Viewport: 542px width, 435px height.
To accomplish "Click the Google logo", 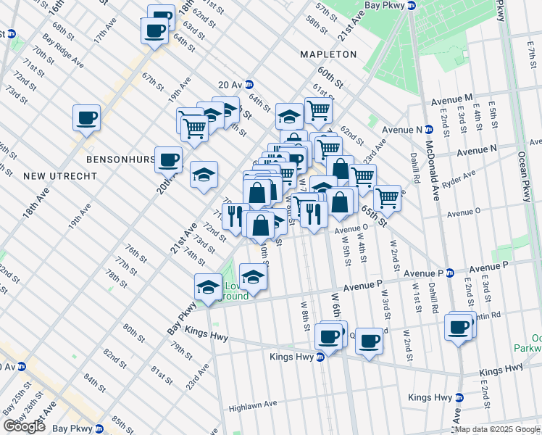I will coord(24,426).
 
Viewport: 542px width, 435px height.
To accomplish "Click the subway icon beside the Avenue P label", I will coord(449,273).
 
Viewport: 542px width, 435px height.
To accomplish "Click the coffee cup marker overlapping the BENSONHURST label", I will coord(169,159).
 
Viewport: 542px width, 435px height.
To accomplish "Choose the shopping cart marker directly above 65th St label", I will coord(387,196).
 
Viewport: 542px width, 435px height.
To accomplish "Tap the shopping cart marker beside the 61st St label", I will coord(318,110).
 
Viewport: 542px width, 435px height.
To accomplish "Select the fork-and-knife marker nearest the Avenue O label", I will coord(314,215).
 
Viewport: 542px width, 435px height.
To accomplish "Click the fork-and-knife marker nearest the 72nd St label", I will coord(233,216).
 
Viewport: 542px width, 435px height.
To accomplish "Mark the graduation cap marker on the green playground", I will coord(253,277).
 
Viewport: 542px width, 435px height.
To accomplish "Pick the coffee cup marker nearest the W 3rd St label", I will coord(368,341).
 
